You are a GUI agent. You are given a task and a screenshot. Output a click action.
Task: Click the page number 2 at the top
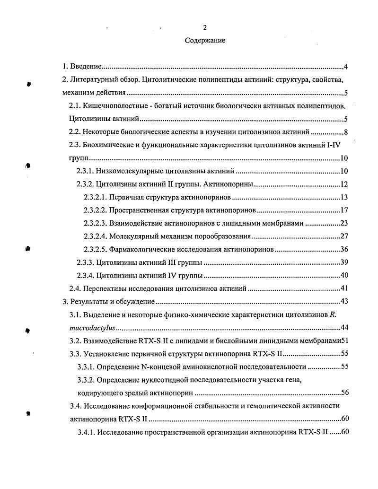pyautogui.click(x=205, y=27)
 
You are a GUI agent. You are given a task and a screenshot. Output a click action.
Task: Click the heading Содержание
pyautogui.click(x=205, y=41)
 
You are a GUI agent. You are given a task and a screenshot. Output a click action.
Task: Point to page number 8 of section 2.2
pyautogui.click(x=346, y=132)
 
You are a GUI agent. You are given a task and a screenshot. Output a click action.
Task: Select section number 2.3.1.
pyautogui.click(x=85, y=171)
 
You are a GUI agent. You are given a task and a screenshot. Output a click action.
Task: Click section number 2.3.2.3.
pyautogui.click(x=95, y=223)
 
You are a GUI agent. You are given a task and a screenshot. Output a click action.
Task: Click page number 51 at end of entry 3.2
pyautogui.click(x=344, y=340)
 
